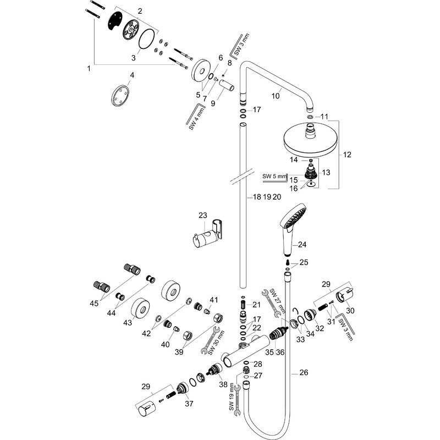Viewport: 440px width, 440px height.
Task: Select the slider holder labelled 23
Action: [x=208, y=233]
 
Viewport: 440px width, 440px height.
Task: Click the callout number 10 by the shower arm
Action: [x=276, y=96]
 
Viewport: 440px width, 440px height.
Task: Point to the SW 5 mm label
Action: [x=274, y=177]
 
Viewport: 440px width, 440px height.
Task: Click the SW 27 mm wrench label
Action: [x=277, y=301]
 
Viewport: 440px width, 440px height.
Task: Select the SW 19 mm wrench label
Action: [x=232, y=397]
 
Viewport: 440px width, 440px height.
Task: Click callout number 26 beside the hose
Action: [x=304, y=372]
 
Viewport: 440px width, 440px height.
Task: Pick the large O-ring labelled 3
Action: [x=146, y=39]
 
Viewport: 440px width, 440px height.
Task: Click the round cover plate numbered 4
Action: [x=120, y=96]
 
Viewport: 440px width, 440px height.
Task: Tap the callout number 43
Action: [x=128, y=323]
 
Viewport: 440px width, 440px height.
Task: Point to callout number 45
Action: [x=94, y=304]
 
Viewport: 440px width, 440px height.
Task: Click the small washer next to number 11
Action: [x=310, y=117]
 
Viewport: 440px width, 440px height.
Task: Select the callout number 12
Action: [x=347, y=155]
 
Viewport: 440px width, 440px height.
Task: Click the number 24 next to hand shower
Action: [x=302, y=245]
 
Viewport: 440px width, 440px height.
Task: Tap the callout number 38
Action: [x=223, y=384]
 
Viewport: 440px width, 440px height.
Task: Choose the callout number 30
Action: [x=350, y=311]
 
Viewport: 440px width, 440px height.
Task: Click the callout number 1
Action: [x=89, y=68]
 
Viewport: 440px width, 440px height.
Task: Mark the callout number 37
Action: [x=189, y=404]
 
